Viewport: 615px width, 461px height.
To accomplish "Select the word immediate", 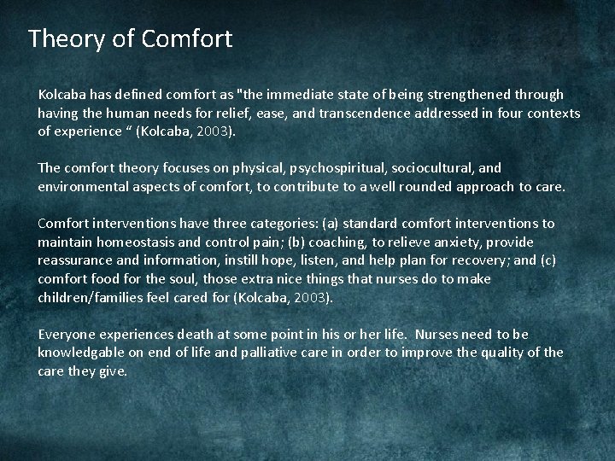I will click(284, 94).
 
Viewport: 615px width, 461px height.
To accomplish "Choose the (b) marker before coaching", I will click(303, 242).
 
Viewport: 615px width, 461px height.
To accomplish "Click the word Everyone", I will click(70, 335).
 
